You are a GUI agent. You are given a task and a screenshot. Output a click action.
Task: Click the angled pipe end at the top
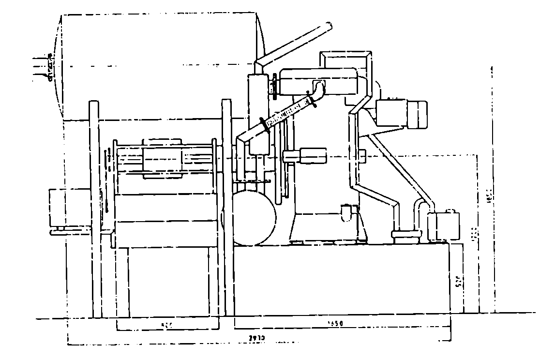click(x=328, y=26)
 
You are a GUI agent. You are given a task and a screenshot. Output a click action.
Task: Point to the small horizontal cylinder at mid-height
click(x=304, y=156)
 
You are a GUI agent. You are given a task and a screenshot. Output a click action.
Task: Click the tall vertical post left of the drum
click(x=95, y=208)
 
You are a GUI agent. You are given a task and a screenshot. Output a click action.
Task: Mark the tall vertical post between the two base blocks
click(x=226, y=208)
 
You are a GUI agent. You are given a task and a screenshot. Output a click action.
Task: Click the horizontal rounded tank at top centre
click(x=319, y=81)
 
